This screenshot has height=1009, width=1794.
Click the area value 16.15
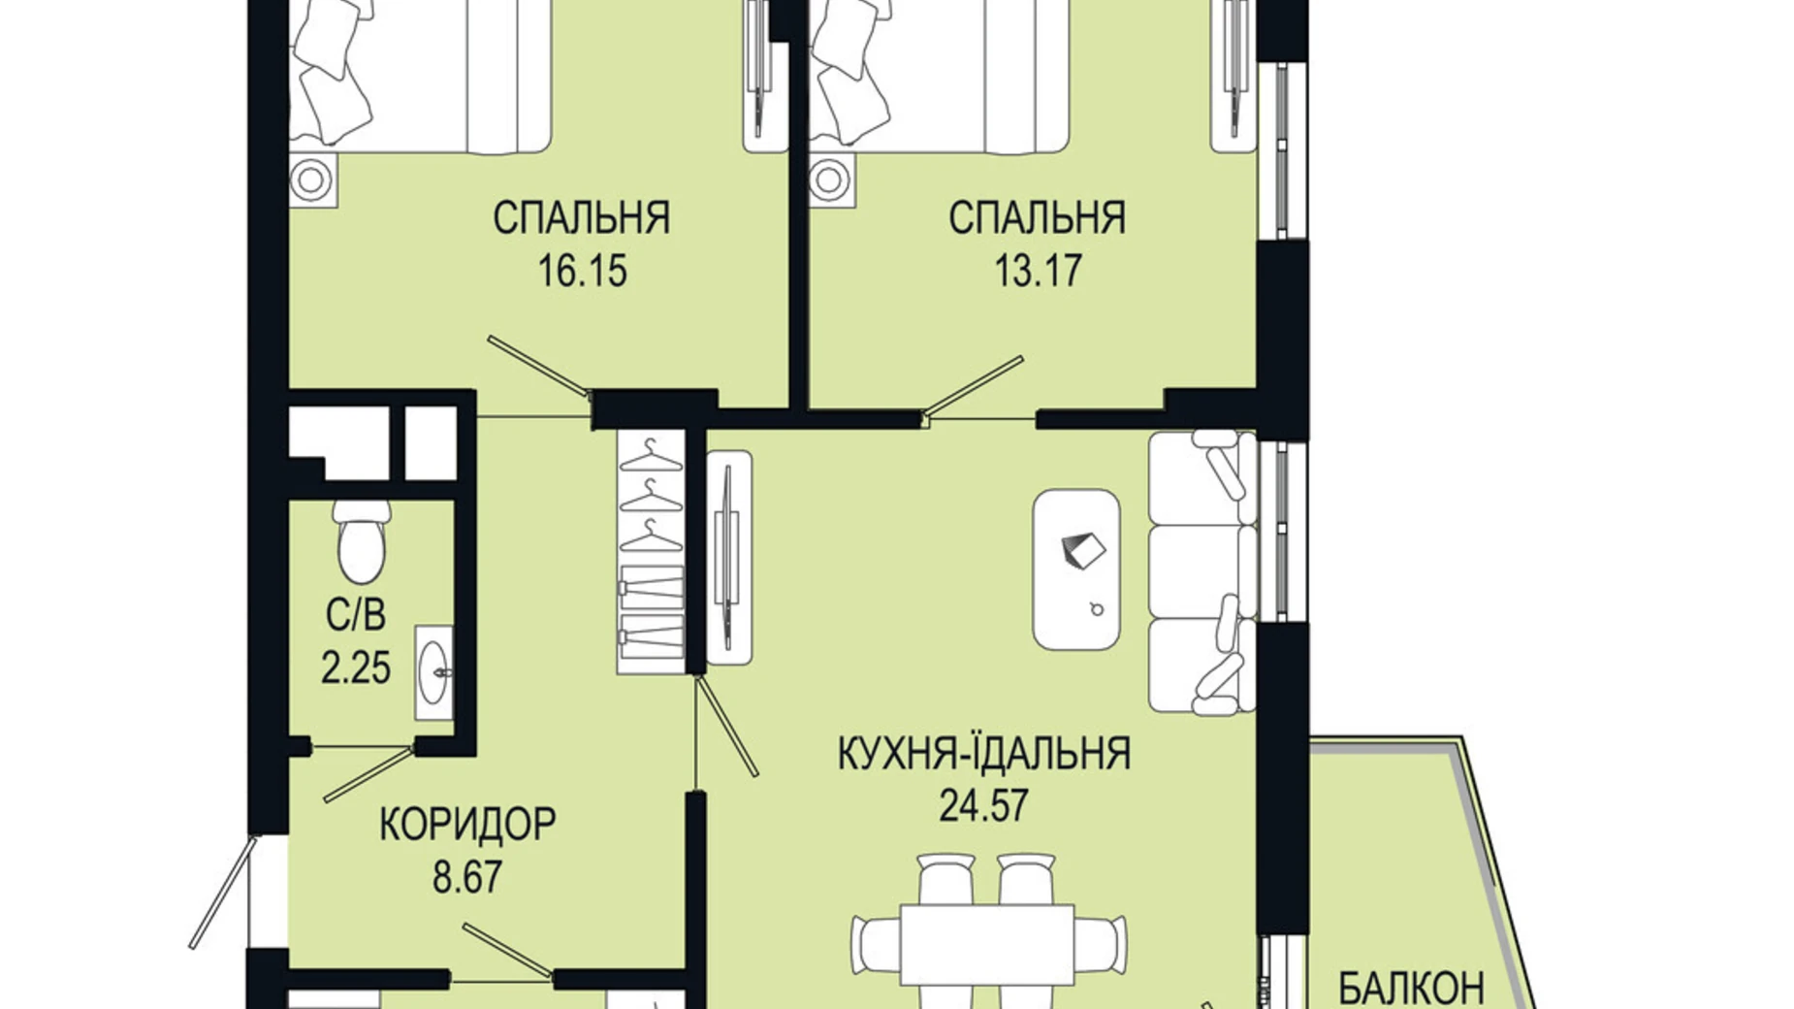[582, 272]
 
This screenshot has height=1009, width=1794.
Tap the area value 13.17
[1038, 272]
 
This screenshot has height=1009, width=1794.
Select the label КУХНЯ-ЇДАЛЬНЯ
[984, 754]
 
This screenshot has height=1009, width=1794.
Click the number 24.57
[983, 805]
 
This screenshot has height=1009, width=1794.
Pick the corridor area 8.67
[467, 878]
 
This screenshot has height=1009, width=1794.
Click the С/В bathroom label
[356, 615]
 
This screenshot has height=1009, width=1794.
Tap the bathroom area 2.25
[356, 668]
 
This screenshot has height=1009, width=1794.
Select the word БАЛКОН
[1411, 988]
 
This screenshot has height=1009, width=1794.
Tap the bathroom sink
[433, 672]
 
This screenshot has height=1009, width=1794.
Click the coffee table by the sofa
[1076, 569]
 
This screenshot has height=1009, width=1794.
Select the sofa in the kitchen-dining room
[1201, 572]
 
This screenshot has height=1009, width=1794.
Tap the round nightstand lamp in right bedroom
[831, 179]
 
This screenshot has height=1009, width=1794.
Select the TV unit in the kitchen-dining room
[728, 558]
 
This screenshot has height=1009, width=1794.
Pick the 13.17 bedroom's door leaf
[973, 386]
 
